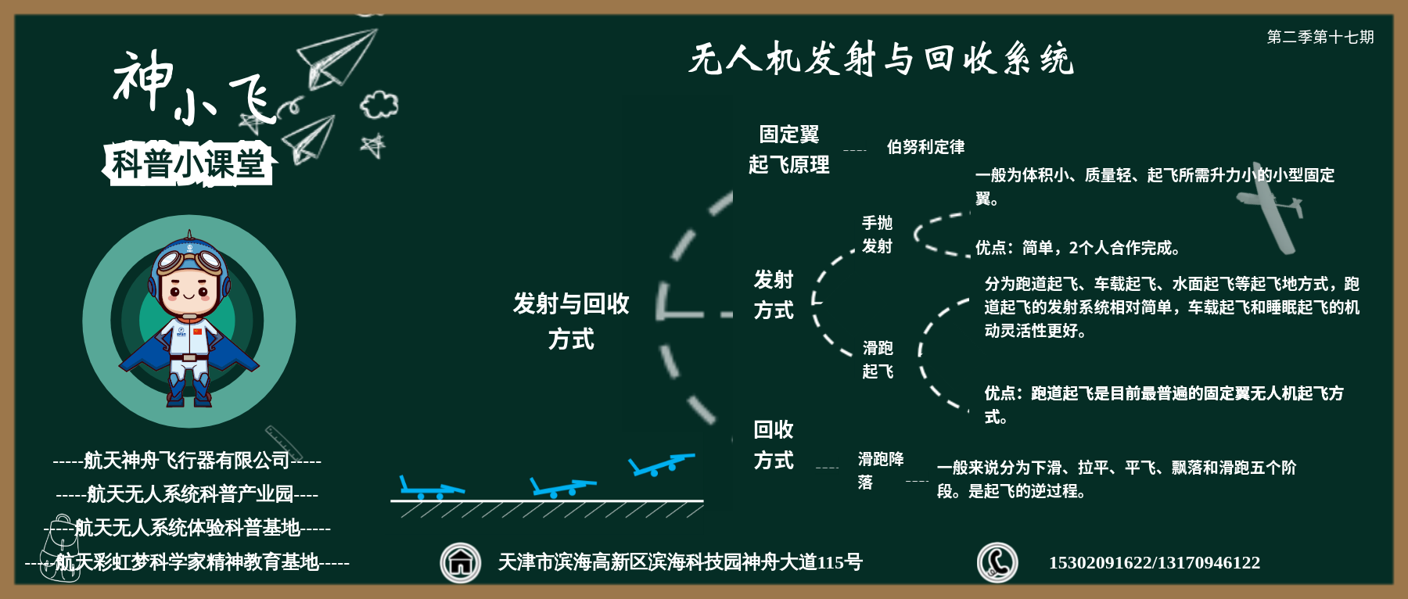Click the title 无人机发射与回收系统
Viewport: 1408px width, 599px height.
click(881, 59)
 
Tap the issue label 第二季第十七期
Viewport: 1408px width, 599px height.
click(1320, 37)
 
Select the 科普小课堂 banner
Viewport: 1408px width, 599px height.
click(188, 164)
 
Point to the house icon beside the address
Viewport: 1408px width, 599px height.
click(460, 562)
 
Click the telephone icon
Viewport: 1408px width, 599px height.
click(997, 562)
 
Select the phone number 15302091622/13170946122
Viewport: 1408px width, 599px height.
click(1154, 562)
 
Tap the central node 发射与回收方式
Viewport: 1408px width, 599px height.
click(571, 321)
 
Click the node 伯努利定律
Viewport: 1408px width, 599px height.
click(925, 147)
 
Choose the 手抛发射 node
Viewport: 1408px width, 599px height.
click(877, 235)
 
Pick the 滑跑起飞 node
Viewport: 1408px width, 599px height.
click(878, 359)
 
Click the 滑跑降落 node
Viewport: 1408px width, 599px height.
click(881, 470)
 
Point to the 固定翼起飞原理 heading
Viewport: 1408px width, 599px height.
click(788, 149)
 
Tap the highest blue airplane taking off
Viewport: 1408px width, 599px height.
click(661, 464)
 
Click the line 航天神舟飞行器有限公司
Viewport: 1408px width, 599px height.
click(187, 461)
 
